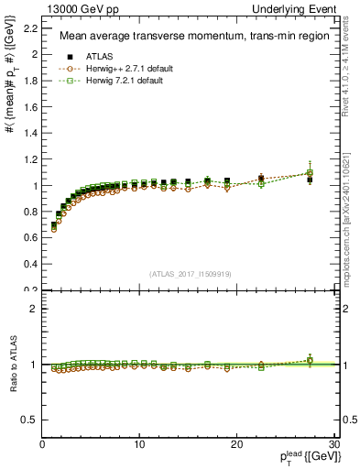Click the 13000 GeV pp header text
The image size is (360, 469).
click(74, 8)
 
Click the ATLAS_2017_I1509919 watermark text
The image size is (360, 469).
click(191, 272)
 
